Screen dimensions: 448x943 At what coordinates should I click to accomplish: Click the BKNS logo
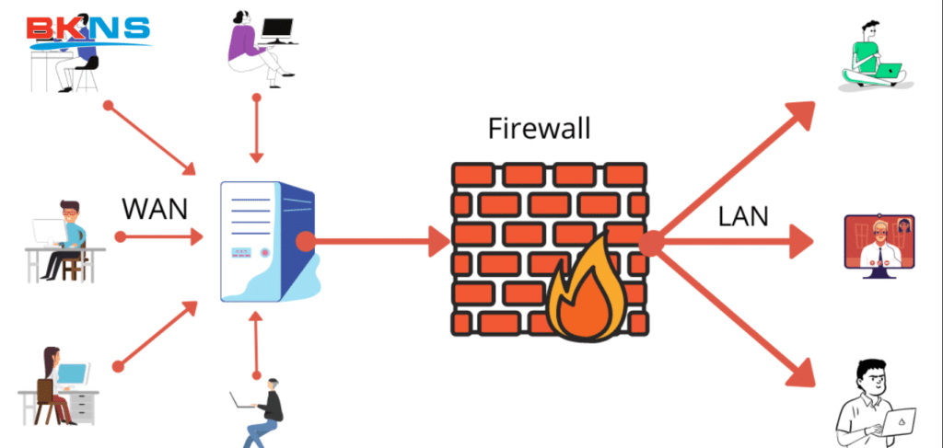(x=88, y=29)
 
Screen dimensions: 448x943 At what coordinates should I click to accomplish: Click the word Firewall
(x=539, y=129)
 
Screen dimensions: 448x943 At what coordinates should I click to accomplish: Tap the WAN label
(x=155, y=207)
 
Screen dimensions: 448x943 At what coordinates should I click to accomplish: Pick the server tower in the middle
(x=267, y=241)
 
